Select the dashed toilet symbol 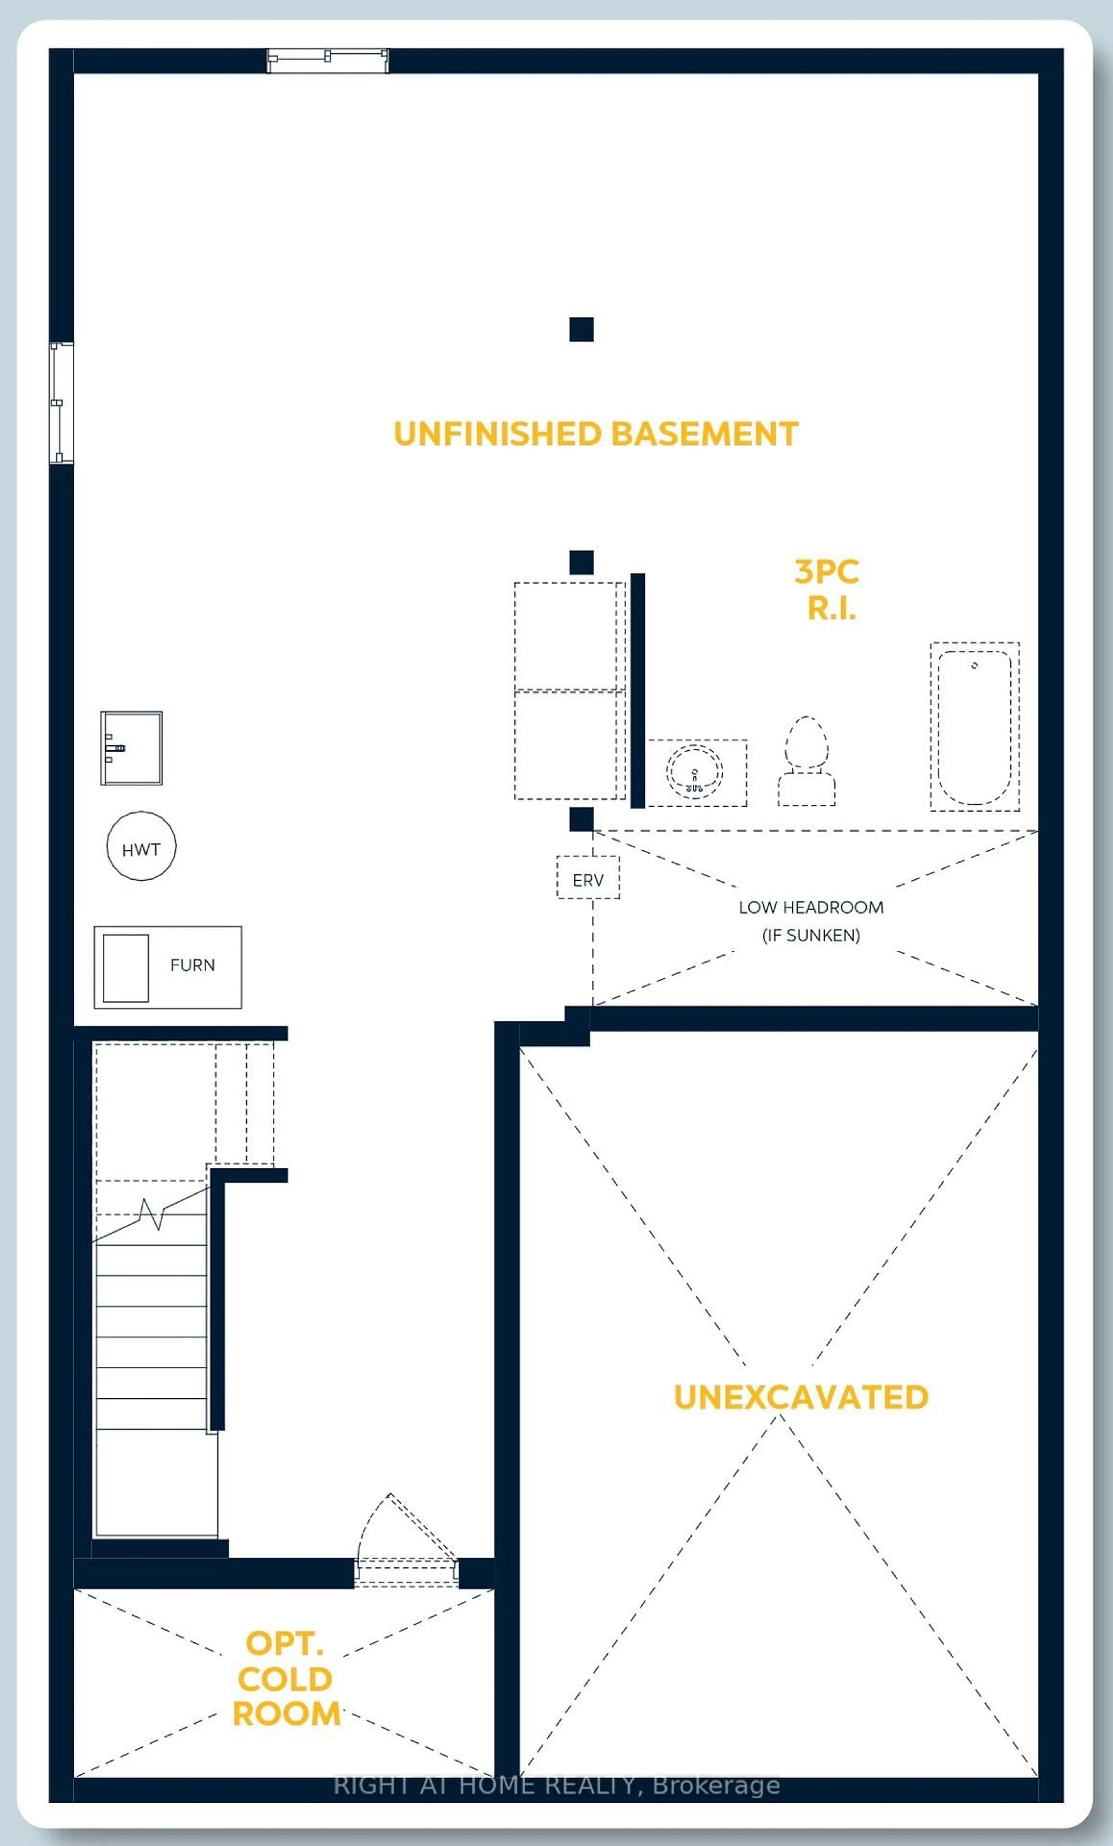click(x=807, y=760)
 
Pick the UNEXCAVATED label click(x=801, y=1397)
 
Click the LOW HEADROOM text click(x=811, y=907)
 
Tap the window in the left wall click(x=61, y=403)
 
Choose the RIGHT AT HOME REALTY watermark click(x=556, y=1785)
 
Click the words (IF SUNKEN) click(x=811, y=935)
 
